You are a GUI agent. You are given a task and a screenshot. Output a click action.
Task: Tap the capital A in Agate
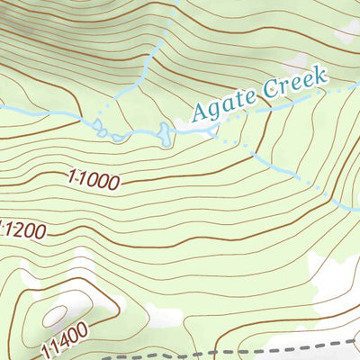pyautogui.click(x=199, y=112)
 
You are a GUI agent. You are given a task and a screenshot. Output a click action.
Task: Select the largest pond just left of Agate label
pyautogui.click(x=163, y=134)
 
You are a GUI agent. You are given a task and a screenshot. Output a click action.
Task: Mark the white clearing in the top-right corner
pyautogui.click(x=346, y=31)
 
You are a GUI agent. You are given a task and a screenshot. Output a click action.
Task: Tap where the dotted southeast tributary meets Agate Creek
pyautogui.click(x=216, y=131)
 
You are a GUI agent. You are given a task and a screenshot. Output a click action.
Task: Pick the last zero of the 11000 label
pyautogui.click(x=113, y=184)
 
